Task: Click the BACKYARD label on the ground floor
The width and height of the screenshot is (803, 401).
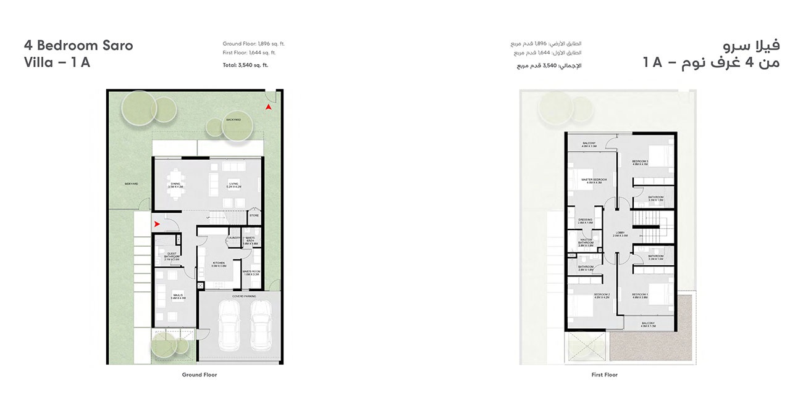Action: coord(233,120)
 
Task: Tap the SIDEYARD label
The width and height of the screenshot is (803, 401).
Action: coord(130,184)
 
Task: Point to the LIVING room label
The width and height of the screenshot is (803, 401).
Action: coord(233,184)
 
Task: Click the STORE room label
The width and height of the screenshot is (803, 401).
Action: coord(254,216)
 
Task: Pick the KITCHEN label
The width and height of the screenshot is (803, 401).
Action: coord(219,263)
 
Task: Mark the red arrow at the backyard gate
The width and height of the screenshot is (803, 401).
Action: coord(268,107)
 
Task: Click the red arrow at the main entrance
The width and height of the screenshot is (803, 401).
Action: coord(158,224)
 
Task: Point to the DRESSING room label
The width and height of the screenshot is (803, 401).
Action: coord(586,220)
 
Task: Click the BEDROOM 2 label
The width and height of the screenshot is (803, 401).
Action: coord(602,296)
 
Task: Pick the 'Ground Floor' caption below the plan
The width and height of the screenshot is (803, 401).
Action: coord(200,374)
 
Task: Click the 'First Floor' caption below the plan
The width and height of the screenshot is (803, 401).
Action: coord(604,374)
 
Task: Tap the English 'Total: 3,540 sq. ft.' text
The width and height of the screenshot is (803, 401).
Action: coord(246,65)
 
